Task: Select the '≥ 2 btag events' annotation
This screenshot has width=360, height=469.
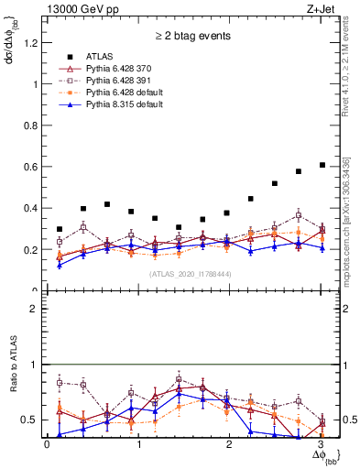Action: [193, 37]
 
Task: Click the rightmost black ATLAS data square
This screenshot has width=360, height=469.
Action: [322, 165]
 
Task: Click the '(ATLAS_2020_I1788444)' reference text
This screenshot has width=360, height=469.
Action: [191, 273]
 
